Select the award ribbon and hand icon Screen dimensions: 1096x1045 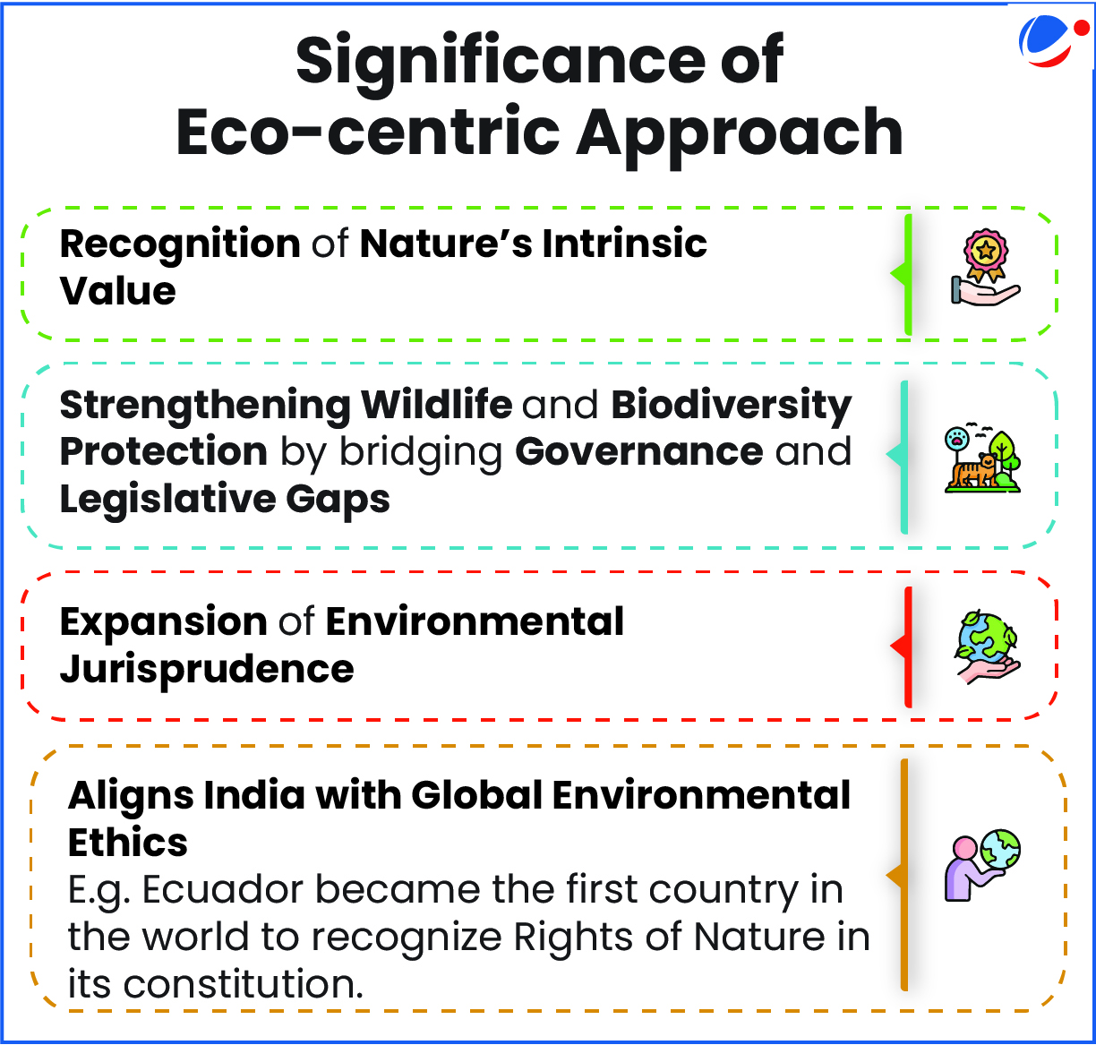986,267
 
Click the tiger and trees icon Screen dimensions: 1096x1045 982,458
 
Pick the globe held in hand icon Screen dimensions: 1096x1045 986,647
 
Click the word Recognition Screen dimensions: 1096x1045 180,245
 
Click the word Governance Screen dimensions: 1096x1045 638,452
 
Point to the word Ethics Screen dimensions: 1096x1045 128,842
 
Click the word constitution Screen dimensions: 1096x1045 243,984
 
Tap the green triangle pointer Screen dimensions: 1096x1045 899,274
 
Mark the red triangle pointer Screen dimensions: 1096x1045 899,647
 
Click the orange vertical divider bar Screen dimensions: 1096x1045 904,875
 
